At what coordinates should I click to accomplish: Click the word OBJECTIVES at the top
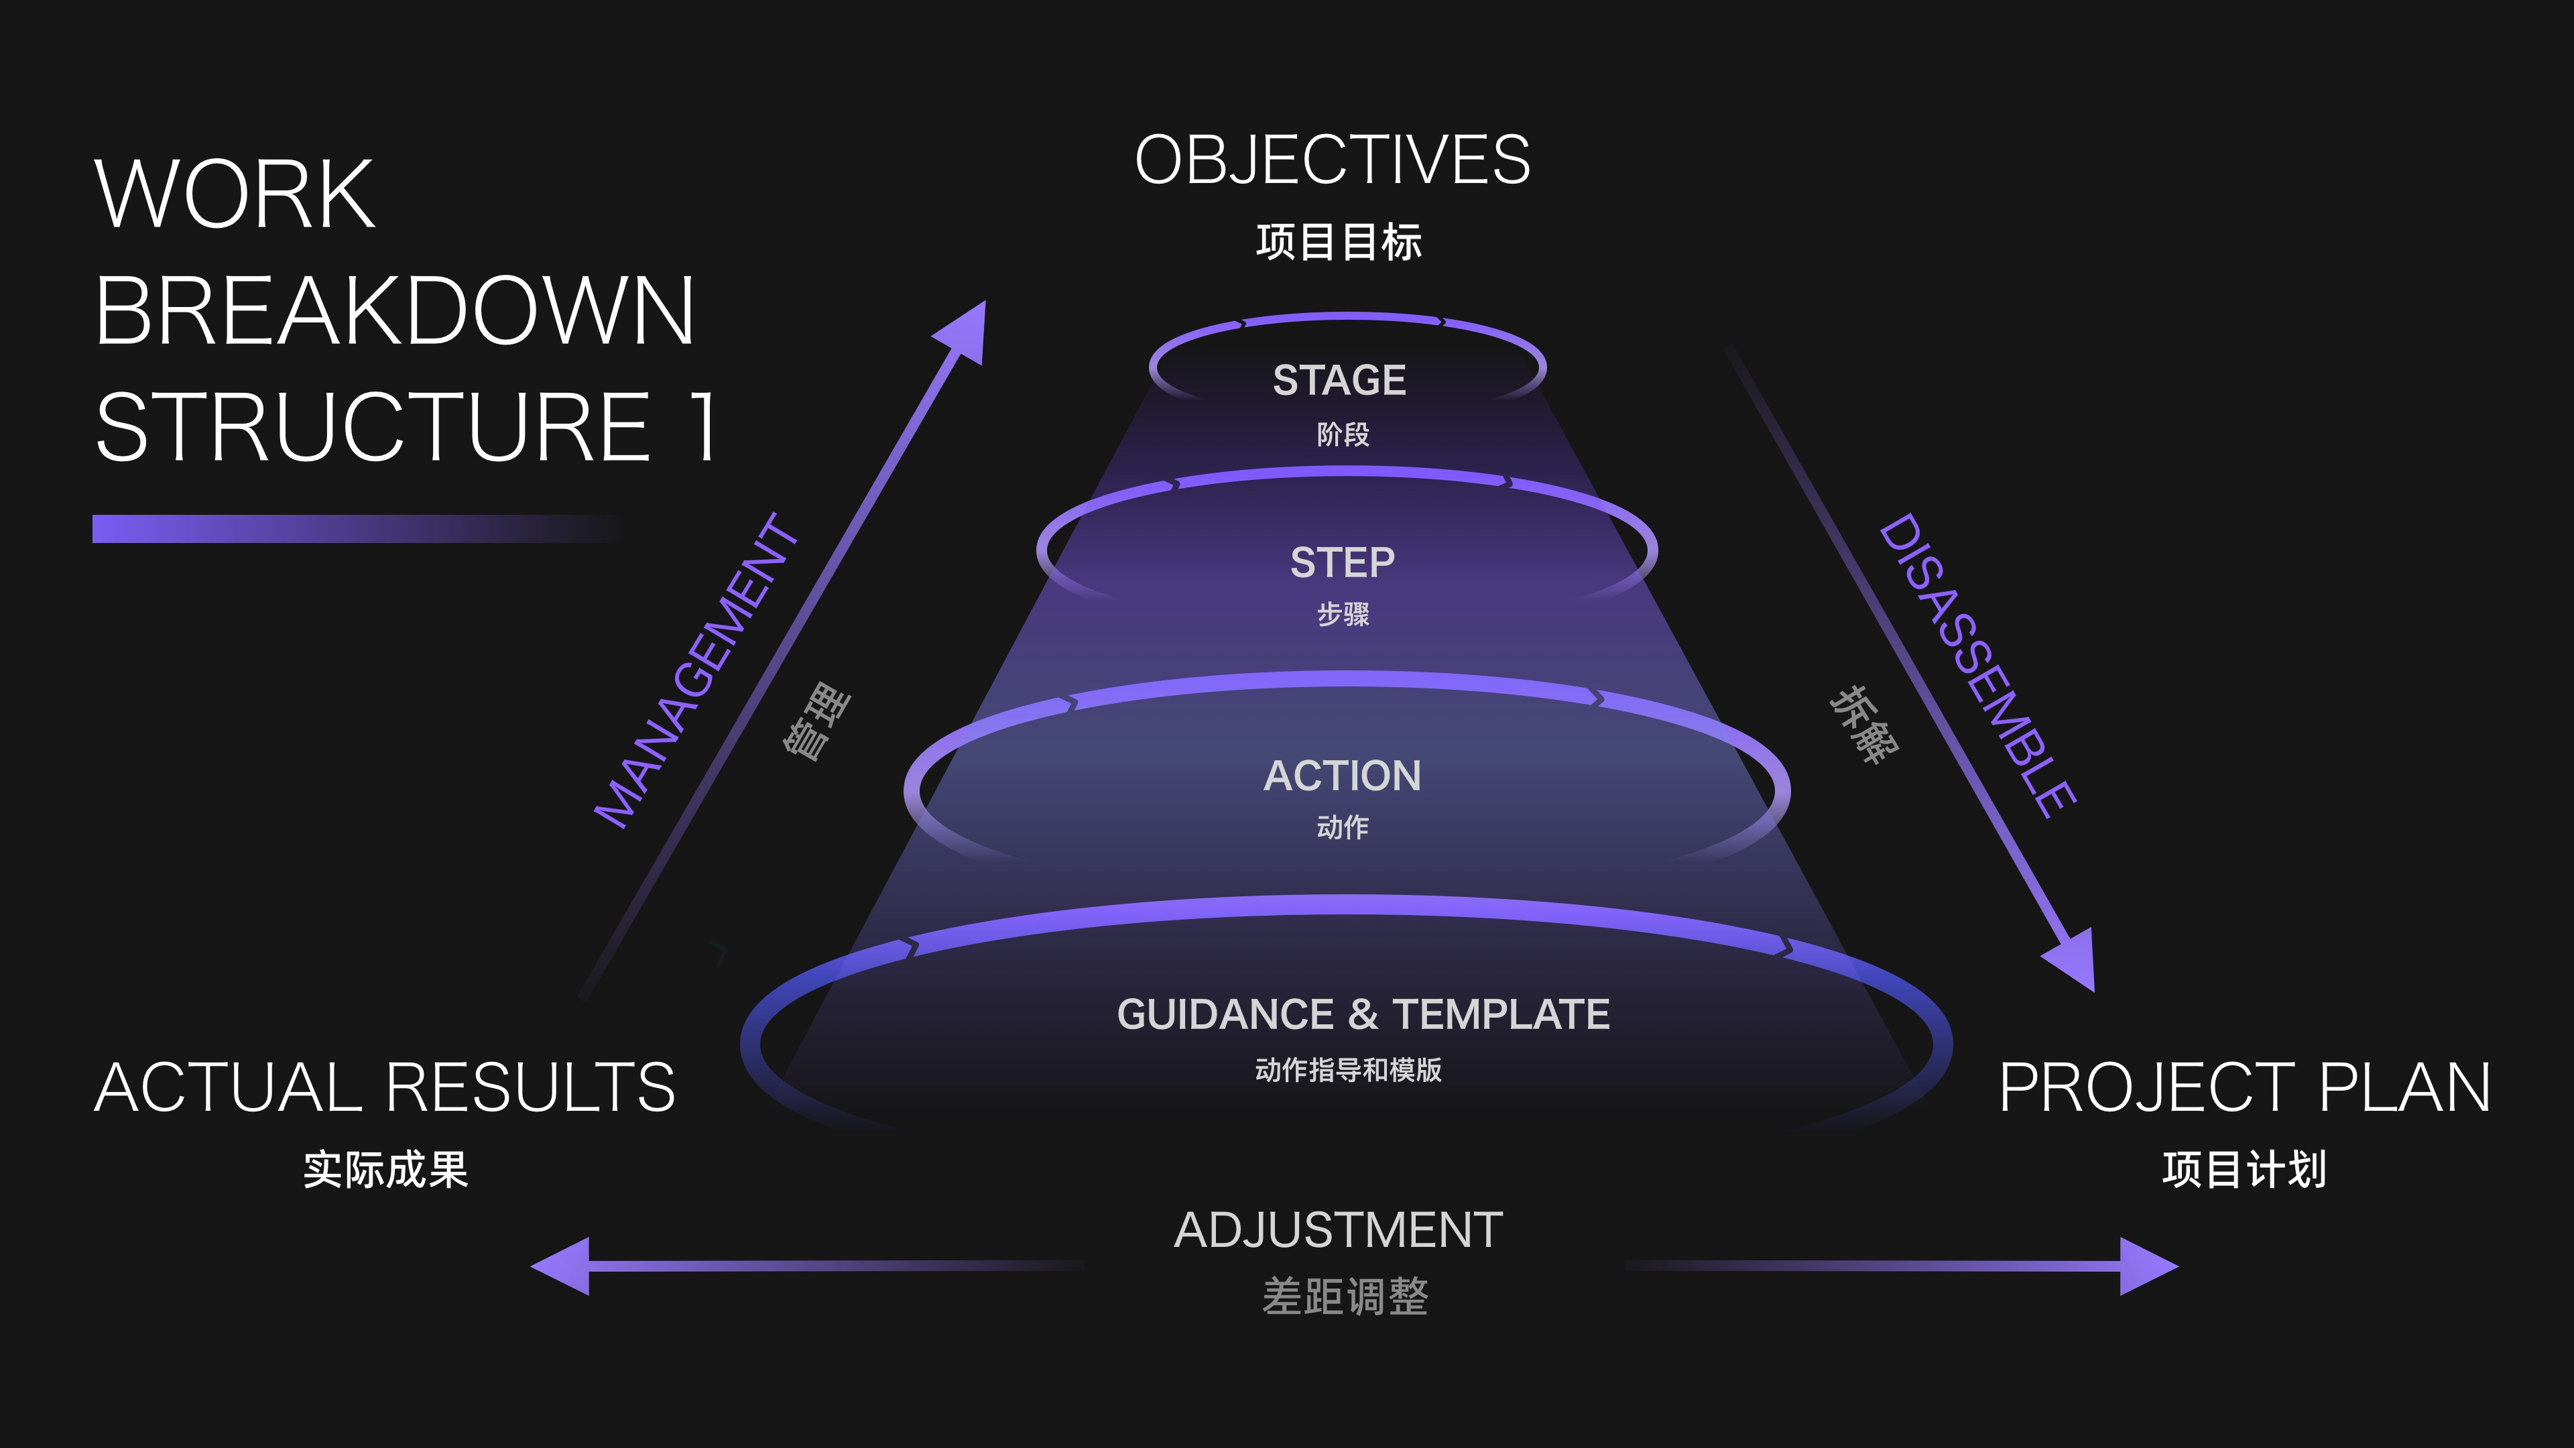[x=1332, y=160]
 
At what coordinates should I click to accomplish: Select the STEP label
[x=1342, y=562]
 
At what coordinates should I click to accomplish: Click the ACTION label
[x=1342, y=776]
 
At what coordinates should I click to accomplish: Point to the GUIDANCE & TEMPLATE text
[x=1363, y=1014]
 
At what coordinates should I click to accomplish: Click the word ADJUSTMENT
[x=1338, y=1230]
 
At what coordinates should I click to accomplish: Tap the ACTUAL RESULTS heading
[x=385, y=1087]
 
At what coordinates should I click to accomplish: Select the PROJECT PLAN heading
[x=2244, y=1087]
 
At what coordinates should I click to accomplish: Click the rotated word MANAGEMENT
[x=696, y=672]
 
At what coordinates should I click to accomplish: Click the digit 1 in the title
[x=704, y=427]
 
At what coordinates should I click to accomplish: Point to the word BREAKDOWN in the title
[x=395, y=311]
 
